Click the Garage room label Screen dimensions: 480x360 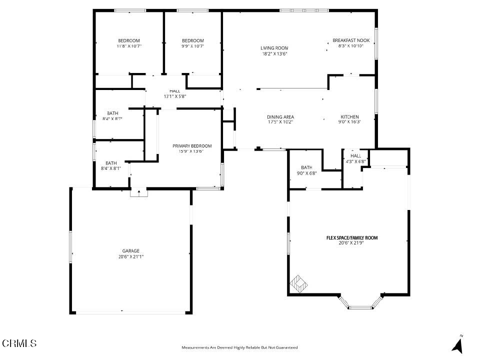(x=130, y=251)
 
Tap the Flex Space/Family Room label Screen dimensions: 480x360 (x=352, y=238)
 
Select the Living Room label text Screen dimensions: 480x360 (x=274, y=48)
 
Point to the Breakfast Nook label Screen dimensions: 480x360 (x=351, y=40)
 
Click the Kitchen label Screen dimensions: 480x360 (x=349, y=117)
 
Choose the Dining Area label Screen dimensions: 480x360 (x=280, y=117)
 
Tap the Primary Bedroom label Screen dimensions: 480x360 (x=192, y=146)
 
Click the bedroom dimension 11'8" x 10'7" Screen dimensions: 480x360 (x=129, y=46)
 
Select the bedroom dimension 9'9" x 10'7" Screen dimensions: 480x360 (x=192, y=46)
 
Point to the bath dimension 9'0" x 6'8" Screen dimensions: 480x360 (x=306, y=173)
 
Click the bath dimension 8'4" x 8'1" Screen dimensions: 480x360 (x=111, y=168)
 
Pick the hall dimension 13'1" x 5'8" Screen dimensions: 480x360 (x=175, y=96)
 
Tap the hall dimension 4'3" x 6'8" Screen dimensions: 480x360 (x=355, y=161)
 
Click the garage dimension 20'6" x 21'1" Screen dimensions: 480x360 (x=130, y=257)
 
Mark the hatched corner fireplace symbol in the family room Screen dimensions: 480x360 (x=298, y=284)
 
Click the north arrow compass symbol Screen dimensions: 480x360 (x=457, y=344)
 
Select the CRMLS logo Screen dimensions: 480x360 (x=19, y=343)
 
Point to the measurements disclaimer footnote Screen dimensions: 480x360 (x=239, y=347)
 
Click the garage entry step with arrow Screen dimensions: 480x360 (x=139, y=193)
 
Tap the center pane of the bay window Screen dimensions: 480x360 (x=360, y=307)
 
